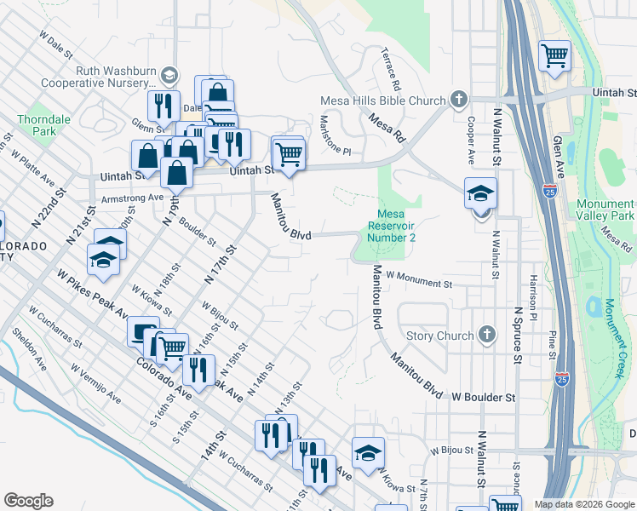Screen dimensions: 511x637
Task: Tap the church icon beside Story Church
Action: point(486,335)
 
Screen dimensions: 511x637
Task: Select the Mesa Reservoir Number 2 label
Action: point(391,226)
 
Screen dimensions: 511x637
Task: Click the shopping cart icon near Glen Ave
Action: point(554,56)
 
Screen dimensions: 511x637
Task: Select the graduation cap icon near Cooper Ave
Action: point(480,194)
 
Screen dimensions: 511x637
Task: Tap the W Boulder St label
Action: point(483,397)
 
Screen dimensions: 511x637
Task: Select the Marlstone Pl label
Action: point(335,141)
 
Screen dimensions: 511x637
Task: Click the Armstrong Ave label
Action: point(132,198)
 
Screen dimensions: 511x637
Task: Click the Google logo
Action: point(28,501)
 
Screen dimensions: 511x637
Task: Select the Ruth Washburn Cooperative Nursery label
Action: point(117,78)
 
